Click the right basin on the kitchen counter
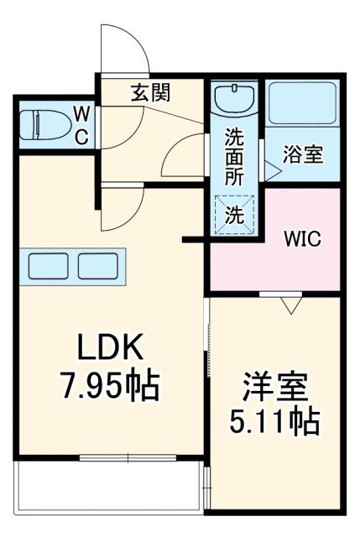(x=98, y=266)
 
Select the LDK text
(x=112, y=346)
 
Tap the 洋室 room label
(x=275, y=389)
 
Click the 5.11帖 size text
(x=275, y=421)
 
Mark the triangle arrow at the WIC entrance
(x=290, y=305)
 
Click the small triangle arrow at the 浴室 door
(x=273, y=170)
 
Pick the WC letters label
(x=82, y=125)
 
